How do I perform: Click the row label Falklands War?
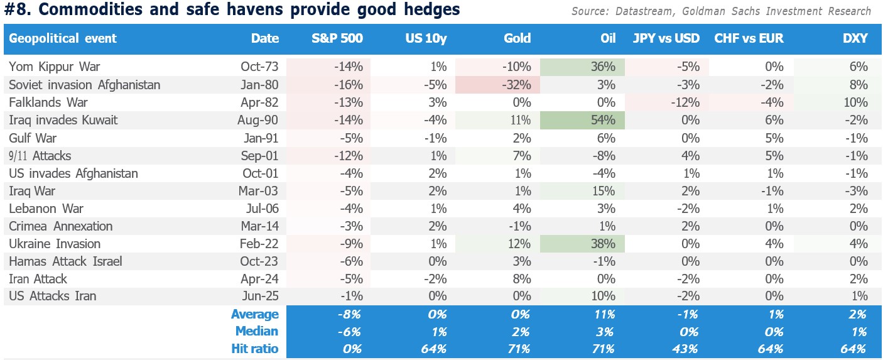48,102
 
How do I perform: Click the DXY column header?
855,38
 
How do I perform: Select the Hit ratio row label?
254,349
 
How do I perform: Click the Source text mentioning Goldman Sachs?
721,11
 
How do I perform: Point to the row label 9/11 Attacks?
40,155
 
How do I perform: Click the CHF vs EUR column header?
749,38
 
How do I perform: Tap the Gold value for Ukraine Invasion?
517,244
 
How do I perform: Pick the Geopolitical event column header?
63,38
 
